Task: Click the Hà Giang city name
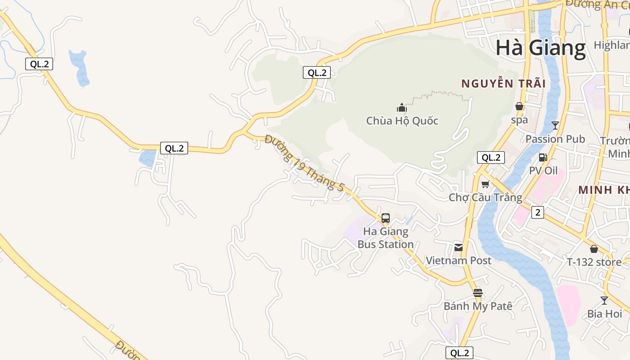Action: tap(540, 48)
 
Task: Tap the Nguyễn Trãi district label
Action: tap(504, 84)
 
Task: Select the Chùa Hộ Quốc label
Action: tap(402, 121)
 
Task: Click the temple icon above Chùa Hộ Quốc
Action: tap(402, 108)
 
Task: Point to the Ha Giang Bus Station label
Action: tap(386, 238)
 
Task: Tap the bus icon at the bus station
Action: tap(386, 218)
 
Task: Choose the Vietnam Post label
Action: tap(459, 260)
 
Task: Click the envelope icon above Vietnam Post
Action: tap(459, 247)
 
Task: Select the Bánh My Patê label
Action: tap(478, 306)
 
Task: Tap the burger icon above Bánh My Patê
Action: tap(478, 293)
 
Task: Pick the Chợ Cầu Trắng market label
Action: tap(486, 197)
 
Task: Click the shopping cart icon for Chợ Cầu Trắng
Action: tap(486, 184)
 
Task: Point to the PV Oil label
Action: tap(543, 171)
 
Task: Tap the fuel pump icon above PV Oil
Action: tap(543, 157)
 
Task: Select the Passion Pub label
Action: tap(555, 139)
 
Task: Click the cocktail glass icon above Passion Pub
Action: tap(555, 126)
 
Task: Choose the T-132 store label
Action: tap(594, 262)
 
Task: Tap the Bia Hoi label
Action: tap(604, 314)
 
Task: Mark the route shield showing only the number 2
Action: tap(538, 212)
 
